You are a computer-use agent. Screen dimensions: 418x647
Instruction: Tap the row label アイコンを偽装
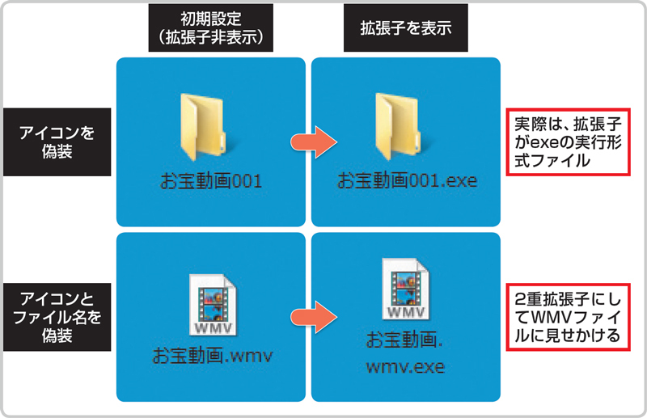point(56,141)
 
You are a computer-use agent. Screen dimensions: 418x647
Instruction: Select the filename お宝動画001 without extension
point(209,179)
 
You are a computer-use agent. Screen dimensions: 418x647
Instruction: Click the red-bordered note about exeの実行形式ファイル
point(568,143)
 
